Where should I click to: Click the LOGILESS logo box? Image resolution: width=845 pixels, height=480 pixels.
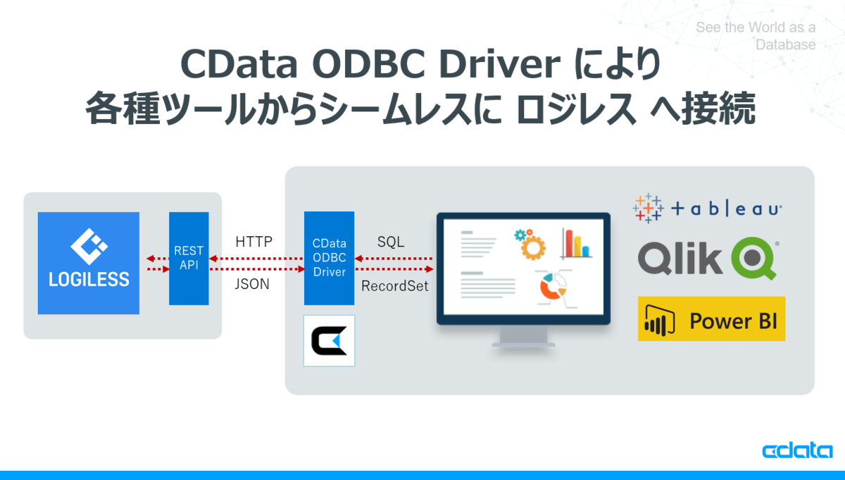[88, 263]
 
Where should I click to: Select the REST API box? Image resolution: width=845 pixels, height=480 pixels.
[189, 258]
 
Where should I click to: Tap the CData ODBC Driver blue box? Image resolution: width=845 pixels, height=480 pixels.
[329, 258]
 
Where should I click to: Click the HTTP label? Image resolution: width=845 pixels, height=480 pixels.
[254, 242]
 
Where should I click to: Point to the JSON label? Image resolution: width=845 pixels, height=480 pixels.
[252, 284]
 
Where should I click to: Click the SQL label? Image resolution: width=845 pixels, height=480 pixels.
[391, 242]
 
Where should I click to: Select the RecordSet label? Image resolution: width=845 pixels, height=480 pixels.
[394, 286]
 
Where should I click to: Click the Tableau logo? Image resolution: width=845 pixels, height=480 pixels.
[707, 208]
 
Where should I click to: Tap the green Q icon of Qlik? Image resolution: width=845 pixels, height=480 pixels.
[754, 258]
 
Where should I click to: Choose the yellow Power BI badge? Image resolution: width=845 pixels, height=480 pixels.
[711, 319]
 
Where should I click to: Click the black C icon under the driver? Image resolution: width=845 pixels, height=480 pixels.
[329, 340]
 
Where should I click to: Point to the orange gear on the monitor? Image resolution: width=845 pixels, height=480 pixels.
[532, 247]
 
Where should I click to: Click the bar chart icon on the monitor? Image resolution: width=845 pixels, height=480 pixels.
[576, 244]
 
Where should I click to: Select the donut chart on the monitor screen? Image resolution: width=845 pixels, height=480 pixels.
[552, 287]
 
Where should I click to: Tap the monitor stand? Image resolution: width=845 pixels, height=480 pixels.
[523, 337]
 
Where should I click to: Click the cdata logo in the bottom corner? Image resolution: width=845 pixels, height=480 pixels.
[797, 450]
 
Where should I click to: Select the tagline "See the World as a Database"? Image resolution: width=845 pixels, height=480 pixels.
[756, 36]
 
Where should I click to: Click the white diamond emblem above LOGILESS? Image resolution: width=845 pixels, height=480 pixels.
[89, 246]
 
